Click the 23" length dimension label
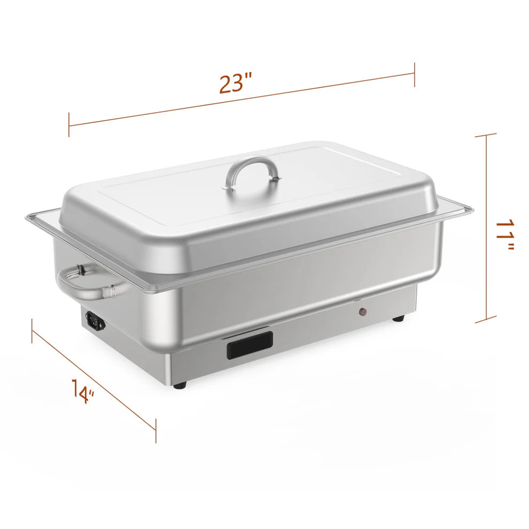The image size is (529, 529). tap(235, 84)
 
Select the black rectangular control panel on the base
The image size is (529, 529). tap(250, 344)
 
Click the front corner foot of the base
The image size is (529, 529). tap(181, 384)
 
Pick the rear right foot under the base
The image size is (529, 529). tap(398, 318)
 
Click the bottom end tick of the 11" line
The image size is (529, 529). tap(486, 321)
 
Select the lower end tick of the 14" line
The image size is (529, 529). tap(155, 431)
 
